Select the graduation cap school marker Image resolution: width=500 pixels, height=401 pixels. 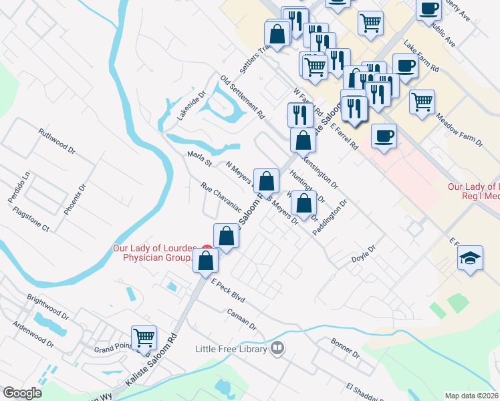(x=471, y=259)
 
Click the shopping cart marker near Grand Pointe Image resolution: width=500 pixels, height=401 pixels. (x=144, y=338)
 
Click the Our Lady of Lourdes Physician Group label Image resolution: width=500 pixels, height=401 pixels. (x=152, y=253)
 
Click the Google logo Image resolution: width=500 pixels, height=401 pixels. (x=22, y=393)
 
